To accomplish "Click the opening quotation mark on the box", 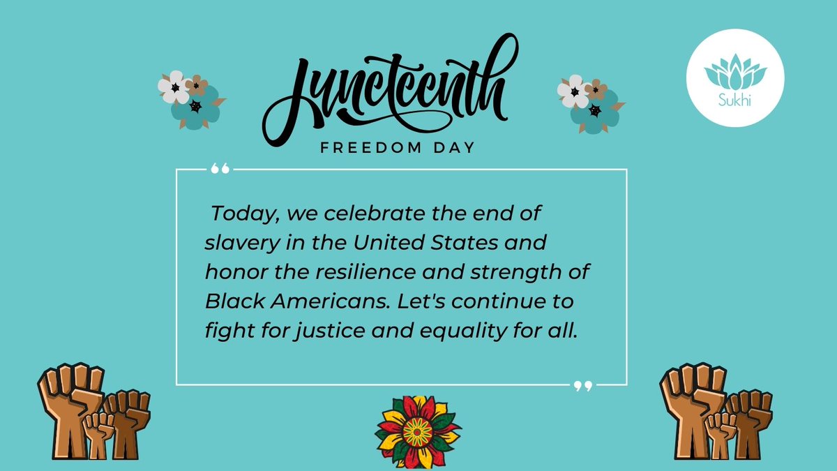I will (219, 169).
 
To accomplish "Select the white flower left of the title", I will (173, 86).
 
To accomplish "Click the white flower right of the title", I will (573, 91).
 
